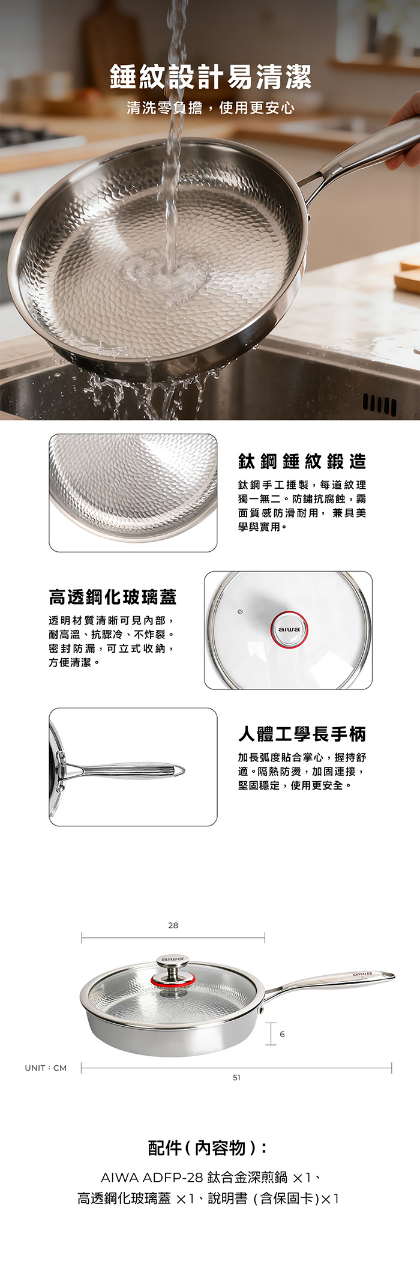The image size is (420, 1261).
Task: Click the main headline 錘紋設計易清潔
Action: click(210, 77)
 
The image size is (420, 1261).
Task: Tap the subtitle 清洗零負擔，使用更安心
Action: click(210, 107)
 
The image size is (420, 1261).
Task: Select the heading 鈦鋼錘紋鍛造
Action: click(302, 461)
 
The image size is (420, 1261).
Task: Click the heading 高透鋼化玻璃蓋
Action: click(113, 597)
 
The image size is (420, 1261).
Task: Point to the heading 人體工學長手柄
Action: click(302, 734)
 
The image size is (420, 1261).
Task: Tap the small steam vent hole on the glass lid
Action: click(239, 612)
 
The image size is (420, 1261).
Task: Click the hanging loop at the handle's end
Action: click(178, 770)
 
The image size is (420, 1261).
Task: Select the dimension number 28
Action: click(173, 925)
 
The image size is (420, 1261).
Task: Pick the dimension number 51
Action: click(236, 1077)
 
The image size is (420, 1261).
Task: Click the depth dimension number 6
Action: click(282, 1034)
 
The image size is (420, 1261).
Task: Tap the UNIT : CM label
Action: click(46, 1068)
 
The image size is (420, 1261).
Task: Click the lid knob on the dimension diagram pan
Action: click(173, 971)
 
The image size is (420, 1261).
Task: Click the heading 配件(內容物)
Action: click(208, 1148)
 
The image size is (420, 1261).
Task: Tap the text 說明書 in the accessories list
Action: click(227, 1199)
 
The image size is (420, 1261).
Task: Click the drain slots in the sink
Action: click(379, 405)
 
